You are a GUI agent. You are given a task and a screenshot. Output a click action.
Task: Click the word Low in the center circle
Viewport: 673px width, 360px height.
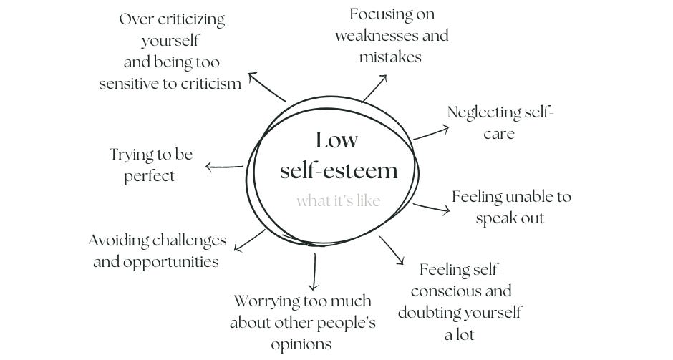[x=336, y=140]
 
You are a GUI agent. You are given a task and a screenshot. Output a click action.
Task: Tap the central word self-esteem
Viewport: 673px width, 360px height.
[x=338, y=170]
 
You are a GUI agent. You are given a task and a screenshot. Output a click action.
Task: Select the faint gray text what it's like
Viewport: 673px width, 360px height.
[x=338, y=200]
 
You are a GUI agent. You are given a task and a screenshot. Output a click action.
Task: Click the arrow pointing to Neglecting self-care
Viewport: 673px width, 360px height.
[x=431, y=133]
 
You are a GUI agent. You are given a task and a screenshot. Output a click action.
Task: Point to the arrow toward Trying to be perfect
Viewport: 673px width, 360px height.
[x=224, y=167]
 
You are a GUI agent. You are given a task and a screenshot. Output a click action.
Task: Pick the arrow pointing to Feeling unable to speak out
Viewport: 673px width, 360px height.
[x=430, y=208]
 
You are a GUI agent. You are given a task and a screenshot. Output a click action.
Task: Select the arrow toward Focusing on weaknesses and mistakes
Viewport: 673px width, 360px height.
[x=374, y=90]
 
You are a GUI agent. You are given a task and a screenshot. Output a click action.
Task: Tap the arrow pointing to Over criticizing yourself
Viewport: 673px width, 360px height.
[x=266, y=85]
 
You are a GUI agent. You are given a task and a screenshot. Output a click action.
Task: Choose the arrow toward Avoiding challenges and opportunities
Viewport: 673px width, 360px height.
[x=250, y=240]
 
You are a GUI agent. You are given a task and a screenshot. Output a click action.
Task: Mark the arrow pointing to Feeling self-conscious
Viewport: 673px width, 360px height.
[x=392, y=250]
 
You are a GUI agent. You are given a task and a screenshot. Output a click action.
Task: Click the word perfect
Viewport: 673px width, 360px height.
[x=149, y=176]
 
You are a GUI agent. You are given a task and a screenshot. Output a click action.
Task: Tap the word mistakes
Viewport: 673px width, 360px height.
[x=390, y=57]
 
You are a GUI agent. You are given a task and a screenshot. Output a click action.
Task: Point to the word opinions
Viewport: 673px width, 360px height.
[x=301, y=344]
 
